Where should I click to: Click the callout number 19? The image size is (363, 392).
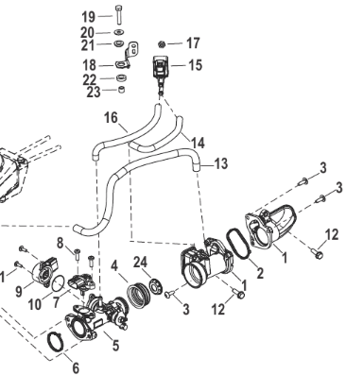click(89, 17)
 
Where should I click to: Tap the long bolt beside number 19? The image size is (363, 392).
click(119, 14)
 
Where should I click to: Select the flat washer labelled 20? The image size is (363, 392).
click(119, 32)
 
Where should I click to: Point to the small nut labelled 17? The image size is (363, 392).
click(162, 44)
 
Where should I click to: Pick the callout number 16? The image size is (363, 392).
click(111, 118)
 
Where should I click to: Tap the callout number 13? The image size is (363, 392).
click(221, 163)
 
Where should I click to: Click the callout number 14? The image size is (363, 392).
click(199, 143)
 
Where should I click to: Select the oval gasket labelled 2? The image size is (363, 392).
click(238, 244)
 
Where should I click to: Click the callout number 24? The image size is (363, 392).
click(141, 262)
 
